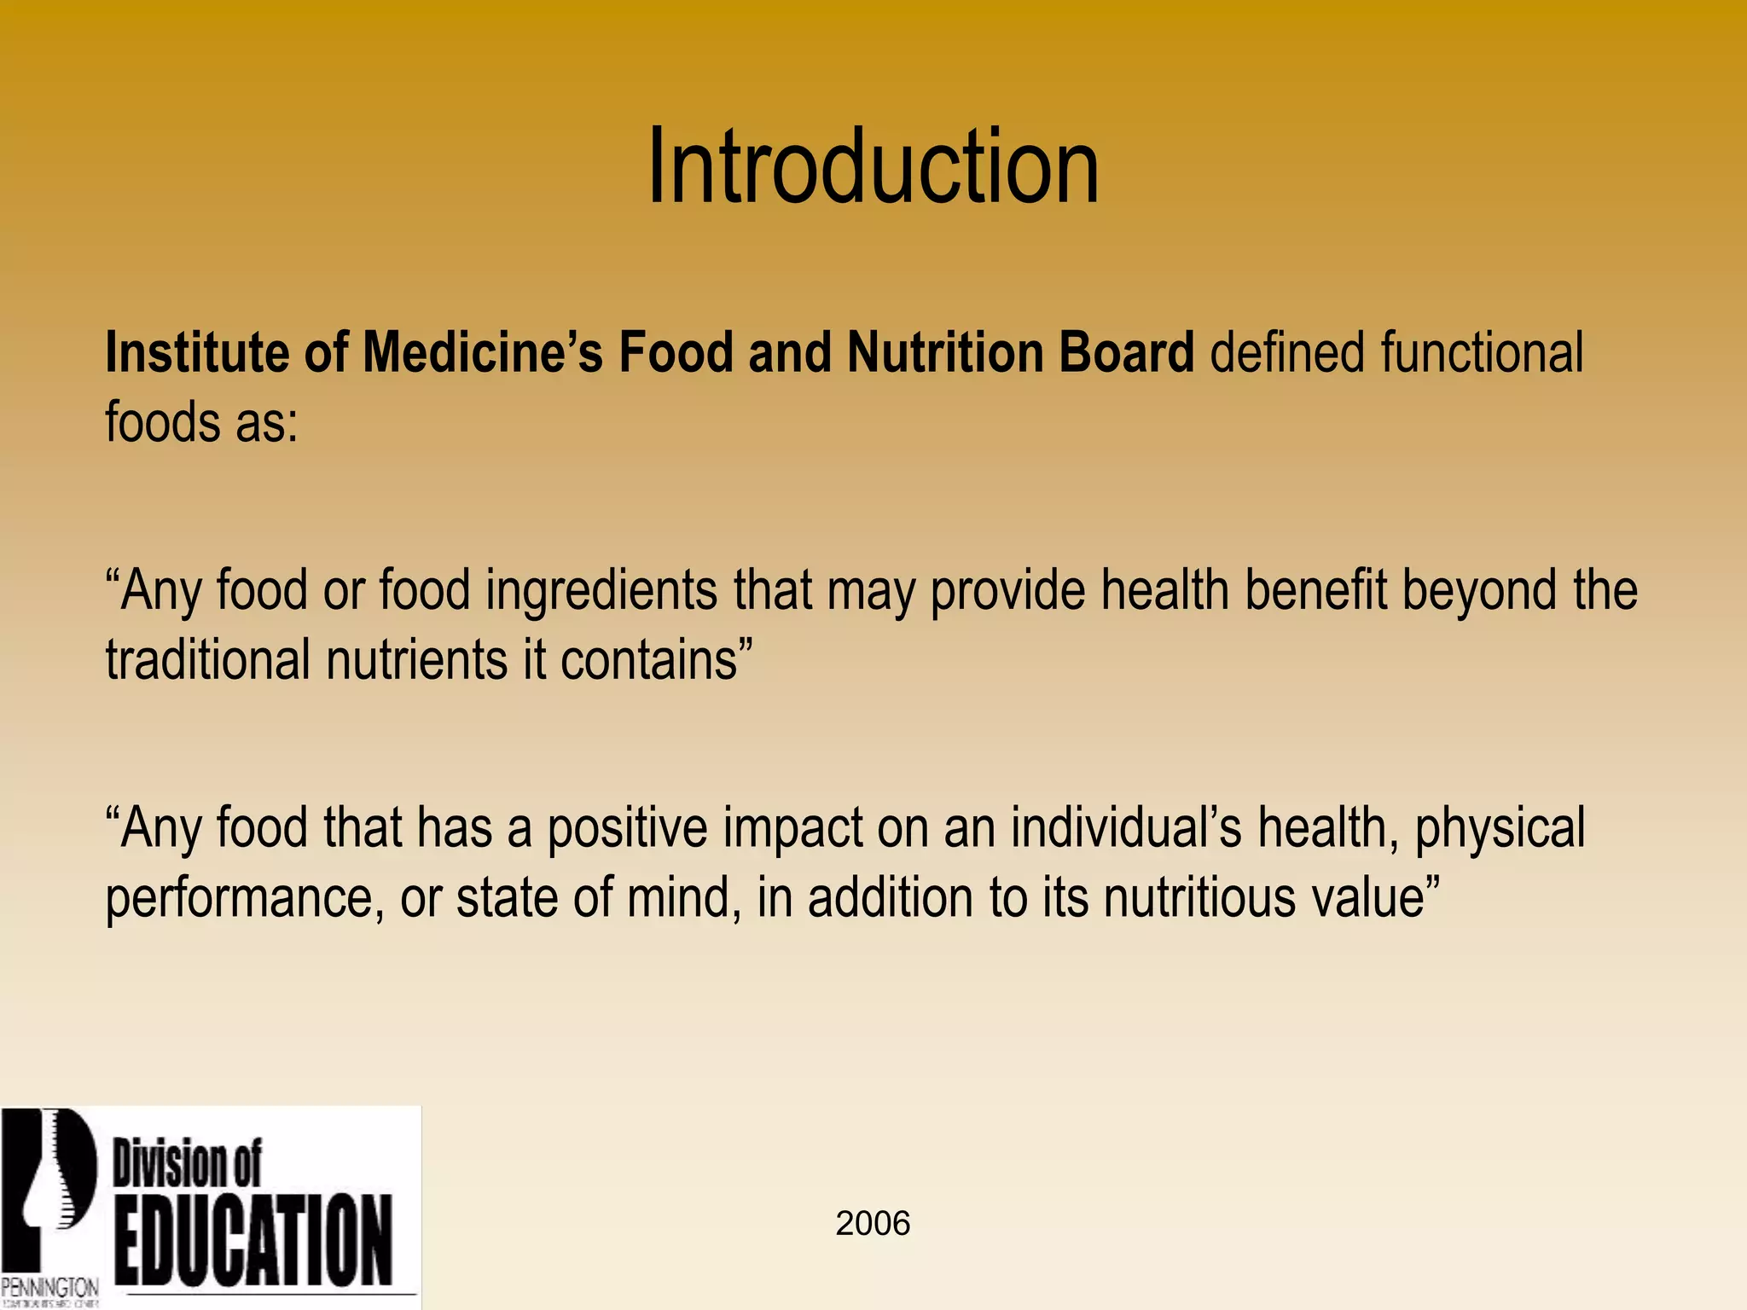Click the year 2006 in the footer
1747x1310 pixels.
point(873,1224)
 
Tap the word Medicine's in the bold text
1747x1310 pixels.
point(483,352)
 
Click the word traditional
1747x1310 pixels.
point(207,660)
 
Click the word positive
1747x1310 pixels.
point(627,829)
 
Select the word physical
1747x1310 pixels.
point(1500,829)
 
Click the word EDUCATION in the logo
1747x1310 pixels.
point(254,1241)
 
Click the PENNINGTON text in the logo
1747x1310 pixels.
point(49,1286)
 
